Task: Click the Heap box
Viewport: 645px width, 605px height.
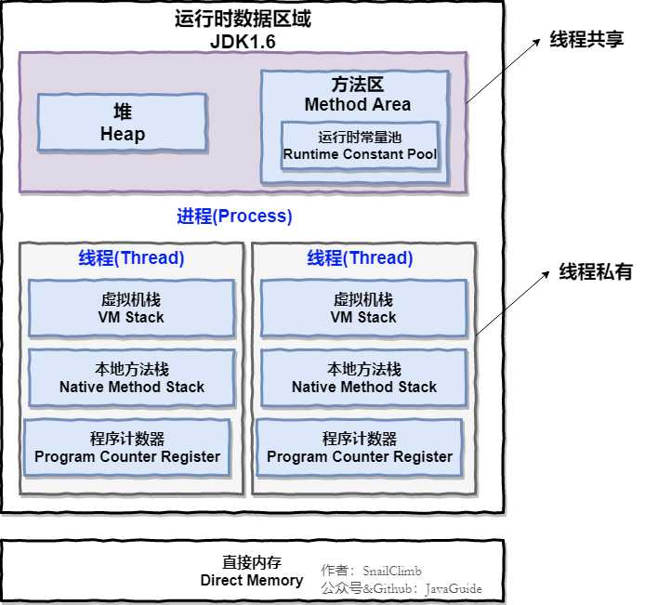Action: (x=122, y=123)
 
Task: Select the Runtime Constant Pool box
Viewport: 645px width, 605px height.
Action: (x=360, y=145)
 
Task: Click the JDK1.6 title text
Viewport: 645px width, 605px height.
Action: (x=243, y=42)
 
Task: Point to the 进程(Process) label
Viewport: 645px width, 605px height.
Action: (x=234, y=217)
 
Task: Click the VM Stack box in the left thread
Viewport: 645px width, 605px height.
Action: (x=131, y=309)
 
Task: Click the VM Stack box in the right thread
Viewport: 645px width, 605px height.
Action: (x=363, y=309)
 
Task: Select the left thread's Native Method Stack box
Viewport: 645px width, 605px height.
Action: (x=131, y=377)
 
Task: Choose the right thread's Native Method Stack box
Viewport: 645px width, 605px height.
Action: (x=363, y=377)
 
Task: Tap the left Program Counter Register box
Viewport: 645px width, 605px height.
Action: (x=127, y=448)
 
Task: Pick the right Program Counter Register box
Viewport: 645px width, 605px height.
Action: (x=360, y=448)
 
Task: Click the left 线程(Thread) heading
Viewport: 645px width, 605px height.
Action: (x=131, y=258)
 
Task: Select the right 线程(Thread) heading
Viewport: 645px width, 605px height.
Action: (x=361, y=258)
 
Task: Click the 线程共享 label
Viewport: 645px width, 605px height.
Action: (x=587, y=40)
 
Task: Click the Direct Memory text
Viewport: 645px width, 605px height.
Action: (x=252, y=580)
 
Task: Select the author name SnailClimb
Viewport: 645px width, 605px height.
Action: (x=392, y=571)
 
